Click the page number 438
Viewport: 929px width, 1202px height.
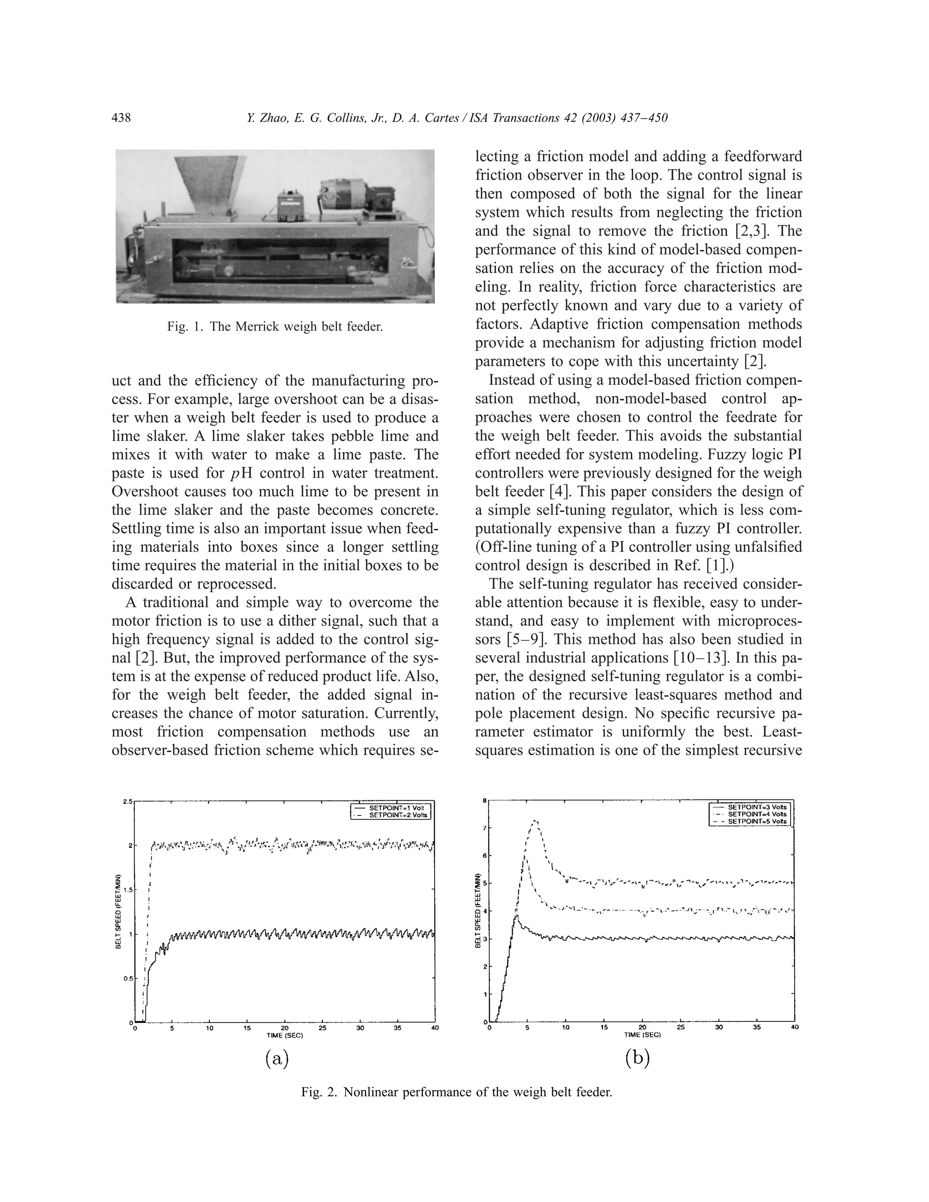(121, 118)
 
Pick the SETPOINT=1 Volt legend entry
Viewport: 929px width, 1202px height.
(395, 807)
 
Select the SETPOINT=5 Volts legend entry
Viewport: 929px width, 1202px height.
(757, 821)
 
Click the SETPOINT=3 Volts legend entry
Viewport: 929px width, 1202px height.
(757, 807)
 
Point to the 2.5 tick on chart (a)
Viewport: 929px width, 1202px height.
(127, 801)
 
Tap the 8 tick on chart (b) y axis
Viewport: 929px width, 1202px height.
(484, 800)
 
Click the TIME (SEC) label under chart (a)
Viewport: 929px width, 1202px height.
(284, 1035)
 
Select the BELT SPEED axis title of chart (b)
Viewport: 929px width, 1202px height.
(478, 911)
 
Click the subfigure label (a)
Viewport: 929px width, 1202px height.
(277, 1058)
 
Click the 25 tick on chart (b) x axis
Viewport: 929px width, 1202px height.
(681, 1027)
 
